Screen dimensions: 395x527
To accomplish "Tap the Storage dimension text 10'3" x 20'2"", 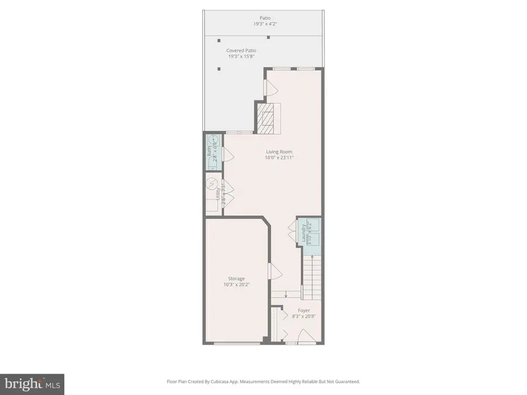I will [x=236, y=285].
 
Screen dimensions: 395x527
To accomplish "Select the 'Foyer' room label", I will [x=303, y=311].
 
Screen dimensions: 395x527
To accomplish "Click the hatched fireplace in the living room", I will [x=267, y=117].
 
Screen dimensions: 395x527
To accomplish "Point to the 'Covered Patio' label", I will [x=241, y=51].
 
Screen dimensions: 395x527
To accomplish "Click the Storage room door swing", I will [x=273, y=271].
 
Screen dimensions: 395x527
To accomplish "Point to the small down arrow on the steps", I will [x=285, y=294].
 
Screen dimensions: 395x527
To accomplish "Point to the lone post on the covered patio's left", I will [x=219, y=69].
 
